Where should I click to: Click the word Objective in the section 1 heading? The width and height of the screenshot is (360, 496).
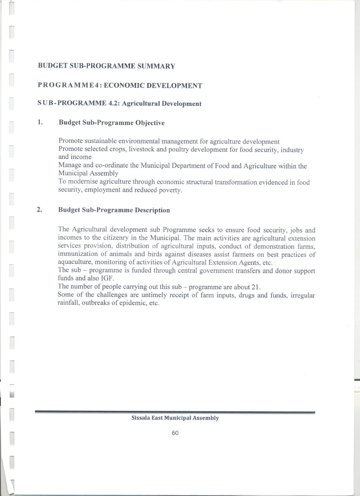[150, 123]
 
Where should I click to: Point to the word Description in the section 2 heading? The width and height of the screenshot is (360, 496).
[152, 210]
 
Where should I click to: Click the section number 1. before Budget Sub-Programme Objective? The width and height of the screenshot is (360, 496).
[40, 122]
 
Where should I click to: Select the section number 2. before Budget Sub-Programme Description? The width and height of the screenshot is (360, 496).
[40, 210]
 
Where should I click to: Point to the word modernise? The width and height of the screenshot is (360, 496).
[82, 183]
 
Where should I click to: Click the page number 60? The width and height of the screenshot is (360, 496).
[175, 433]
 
